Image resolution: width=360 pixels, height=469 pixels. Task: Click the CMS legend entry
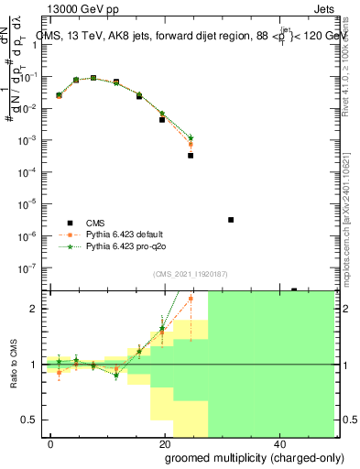tap(95, 224)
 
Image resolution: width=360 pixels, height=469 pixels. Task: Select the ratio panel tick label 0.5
tap(32, 420)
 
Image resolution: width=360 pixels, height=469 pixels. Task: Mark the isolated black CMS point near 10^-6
tap(231, 220)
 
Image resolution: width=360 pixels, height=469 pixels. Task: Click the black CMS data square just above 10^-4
tap(191, 155)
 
